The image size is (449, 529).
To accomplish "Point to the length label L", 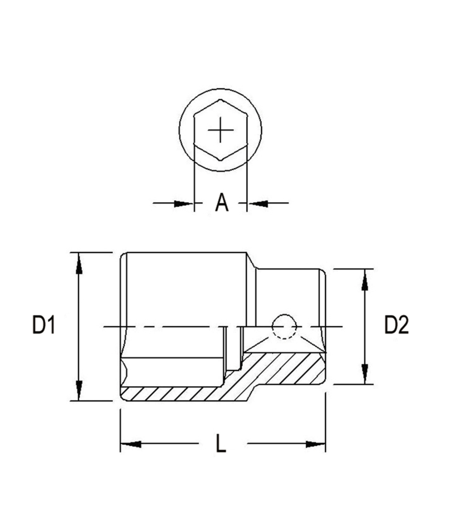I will tap(221, 443).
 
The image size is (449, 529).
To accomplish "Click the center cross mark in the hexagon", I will tap(221, 130).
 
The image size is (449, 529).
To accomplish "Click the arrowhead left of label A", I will tap(184, 203).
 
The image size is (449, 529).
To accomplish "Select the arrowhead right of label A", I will tap(258, 203).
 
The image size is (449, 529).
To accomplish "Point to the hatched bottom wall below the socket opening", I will tap(176, 394).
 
